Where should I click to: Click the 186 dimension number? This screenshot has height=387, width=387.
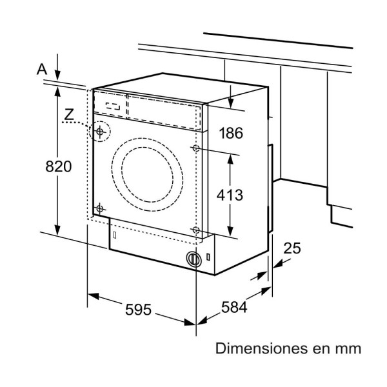coord(230,134)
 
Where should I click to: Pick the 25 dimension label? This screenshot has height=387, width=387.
coord(292,248)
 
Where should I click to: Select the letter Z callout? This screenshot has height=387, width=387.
coord(70,115)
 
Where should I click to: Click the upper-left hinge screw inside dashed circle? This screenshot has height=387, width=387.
coord(99,131)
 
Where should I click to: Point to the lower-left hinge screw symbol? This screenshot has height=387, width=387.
coord(99,208)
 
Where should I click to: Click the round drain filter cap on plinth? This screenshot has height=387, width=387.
coord(193,259)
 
